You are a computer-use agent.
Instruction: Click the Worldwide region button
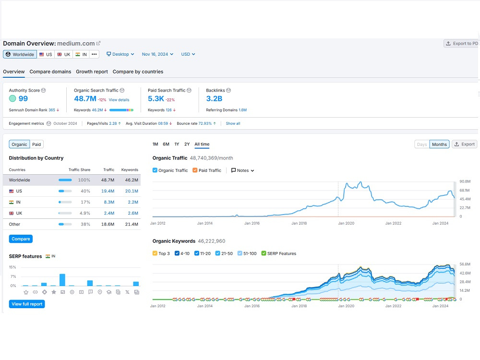click(x=20, y=54)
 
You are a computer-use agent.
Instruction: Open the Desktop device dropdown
click(x=120, y=54)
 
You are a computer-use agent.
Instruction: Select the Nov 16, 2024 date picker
click(x=157, y=54)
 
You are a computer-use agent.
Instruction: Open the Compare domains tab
click(x=50, y=72)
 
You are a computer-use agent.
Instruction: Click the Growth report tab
click(x=92, y=72)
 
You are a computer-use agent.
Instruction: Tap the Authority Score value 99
click(x=23, y=98)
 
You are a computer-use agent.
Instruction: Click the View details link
click(x=119, y=100)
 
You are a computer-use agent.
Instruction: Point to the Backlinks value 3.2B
click(x=214, y=98)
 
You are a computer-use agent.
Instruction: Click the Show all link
click(x=233, y=123)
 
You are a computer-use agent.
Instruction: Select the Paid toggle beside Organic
click(x=36, y=144)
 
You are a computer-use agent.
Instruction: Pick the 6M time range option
click(x=166, y=144)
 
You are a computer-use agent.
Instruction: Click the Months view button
click(x=439, y=144)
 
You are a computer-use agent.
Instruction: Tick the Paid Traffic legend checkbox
click(x=195, y=170)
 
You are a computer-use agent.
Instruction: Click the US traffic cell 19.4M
click(x=108, y=191)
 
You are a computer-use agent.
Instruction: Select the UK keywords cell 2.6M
click(x=133, y=213)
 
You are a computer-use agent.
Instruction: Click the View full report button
click(x=27, y=304)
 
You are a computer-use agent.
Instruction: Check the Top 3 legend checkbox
click(x=155, y=253)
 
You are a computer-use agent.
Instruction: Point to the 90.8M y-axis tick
click(x=465, y=181)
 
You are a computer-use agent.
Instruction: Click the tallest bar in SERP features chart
click(x=62, y=280)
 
